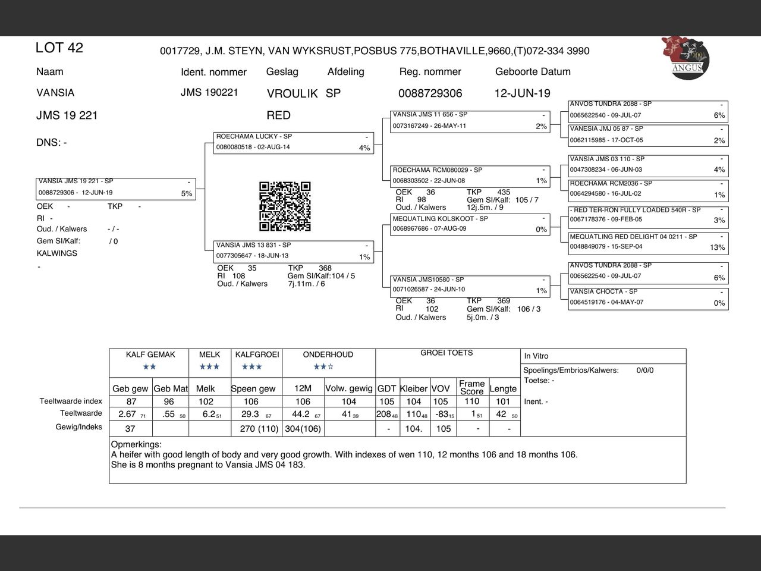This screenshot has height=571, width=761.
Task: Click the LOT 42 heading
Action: [59, 48]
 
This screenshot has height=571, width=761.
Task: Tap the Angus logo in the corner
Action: [685, 57]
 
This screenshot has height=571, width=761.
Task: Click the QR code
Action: [285, 206]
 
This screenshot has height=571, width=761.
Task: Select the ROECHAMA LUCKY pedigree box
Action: [294, 143]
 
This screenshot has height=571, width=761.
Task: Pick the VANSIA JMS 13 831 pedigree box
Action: [294, 251]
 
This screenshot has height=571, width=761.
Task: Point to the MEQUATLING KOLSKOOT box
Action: [470, 224]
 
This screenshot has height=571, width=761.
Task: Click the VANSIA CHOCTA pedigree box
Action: [648, 297]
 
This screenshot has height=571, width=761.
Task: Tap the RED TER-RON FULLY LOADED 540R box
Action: [648, 215]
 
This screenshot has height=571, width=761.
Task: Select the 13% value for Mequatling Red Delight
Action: [717, 247]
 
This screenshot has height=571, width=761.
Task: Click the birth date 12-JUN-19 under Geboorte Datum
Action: [522, 93]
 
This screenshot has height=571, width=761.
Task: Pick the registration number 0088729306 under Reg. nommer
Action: [430, 93]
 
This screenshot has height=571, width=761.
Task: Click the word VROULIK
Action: [292, 93]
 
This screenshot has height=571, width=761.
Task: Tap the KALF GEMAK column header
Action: [150, 354]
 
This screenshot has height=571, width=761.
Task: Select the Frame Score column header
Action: [471, 387]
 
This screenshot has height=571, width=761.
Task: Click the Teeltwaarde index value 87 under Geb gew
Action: [131, 401]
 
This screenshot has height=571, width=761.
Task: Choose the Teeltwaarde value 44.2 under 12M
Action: [300, 414]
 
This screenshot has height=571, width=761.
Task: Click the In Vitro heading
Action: [536, 356]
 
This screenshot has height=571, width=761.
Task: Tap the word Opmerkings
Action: [136, 444]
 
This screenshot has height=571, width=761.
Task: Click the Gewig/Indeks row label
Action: [78, 427]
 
